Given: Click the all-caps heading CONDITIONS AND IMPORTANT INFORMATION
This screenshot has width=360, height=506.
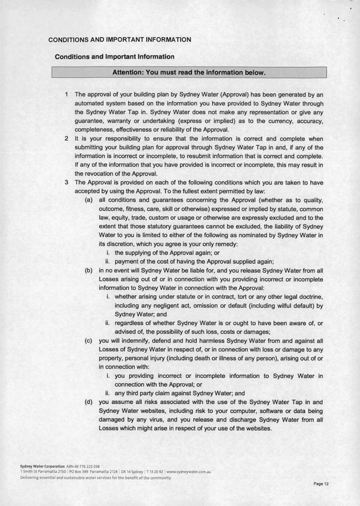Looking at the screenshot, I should [x=120, y=39].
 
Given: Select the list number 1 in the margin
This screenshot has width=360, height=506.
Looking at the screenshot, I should [x=67, y=94].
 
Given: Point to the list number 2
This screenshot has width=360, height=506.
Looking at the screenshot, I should [x=67, y=138].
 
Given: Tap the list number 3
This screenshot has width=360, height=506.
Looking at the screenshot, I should [x=67, y=182].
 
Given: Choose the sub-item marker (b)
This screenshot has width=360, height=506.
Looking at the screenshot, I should [x=89, y=270].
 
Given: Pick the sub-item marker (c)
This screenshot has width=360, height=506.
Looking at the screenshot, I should [x=89, y=341].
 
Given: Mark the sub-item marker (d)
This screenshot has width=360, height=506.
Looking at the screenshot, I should [x=89, y=402].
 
